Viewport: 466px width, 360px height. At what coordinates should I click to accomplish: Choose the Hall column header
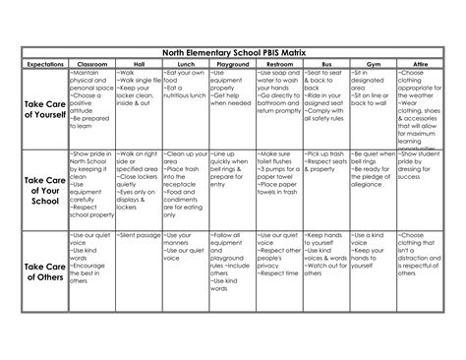tap(136, 63)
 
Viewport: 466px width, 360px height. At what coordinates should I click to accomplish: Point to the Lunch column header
tap(183, 63)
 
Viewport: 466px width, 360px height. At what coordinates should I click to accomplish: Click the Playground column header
tap(232, 63)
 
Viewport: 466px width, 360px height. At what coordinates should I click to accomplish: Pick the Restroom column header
tap(279, 63)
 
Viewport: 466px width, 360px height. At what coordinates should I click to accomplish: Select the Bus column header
tap(324, 63)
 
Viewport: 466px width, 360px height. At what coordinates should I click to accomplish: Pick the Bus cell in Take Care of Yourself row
tap(324, 108)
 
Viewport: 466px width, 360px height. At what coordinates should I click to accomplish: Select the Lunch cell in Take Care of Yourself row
tap(183, 108)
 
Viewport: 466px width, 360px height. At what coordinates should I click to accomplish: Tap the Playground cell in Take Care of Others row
tap(232, 270)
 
